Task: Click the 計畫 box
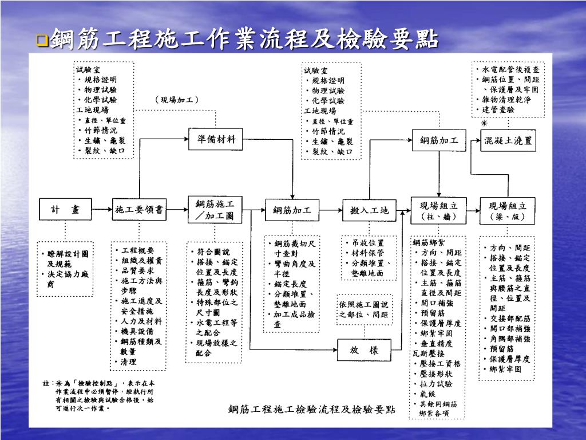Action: [x=65, y=210]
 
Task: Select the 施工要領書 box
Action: [x=138, y=210]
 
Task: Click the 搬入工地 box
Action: [x=369, y=210]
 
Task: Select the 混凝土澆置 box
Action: [x=508, y=140]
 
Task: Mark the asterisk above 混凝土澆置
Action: [x=484, y=123]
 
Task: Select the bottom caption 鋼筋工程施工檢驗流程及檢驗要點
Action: [x=312, y=409]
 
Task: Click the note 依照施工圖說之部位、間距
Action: [x=363, y=309]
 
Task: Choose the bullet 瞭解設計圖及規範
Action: [x=64, y=258]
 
